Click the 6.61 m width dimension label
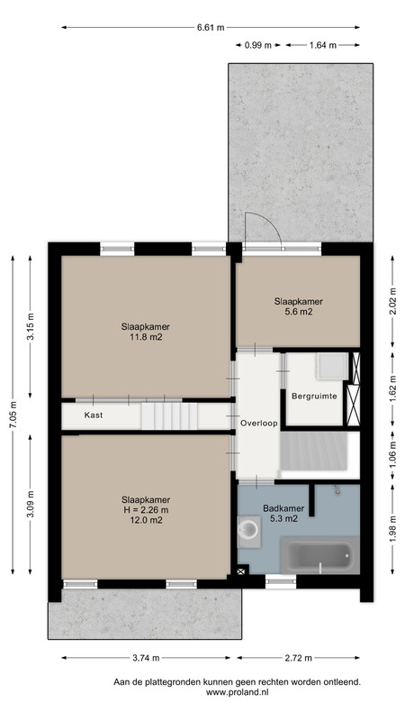[x=211, y=28]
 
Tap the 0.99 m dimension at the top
[x=258, y=45]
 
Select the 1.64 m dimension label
[x=323, y=45]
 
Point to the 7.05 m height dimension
[x=13, y=415]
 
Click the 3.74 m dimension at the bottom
[x=146, y=658]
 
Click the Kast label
[x=94, y=415]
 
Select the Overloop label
[x=259, y=424]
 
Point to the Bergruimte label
[x=314, y=396]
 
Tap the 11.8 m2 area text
[x=146, y=337]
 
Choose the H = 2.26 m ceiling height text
[x=146, y=510]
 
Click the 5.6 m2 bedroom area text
[x=299, y=312]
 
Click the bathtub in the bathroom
[x=319, y=555]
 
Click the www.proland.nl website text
[x=237, y=692]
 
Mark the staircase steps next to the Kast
[x=169, y=415]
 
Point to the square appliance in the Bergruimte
[x=330, y=367]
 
